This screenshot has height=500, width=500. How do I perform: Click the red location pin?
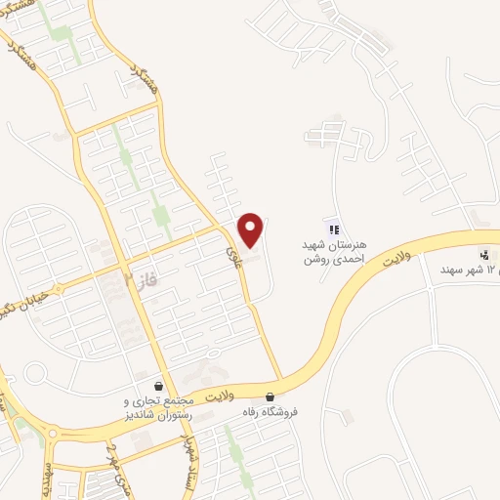click(252, 229)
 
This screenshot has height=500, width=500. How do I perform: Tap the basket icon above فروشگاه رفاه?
click(270, 396)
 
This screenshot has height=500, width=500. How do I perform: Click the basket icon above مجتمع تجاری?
click(157, 386)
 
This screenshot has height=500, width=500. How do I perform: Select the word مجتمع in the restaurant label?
click(176, 401)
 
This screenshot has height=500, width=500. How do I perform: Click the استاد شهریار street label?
click(183, 460)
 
